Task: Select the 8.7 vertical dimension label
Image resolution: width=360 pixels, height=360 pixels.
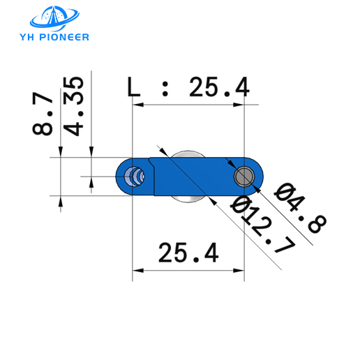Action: (43, 116)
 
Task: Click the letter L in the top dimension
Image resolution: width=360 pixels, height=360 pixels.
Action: (134, 87)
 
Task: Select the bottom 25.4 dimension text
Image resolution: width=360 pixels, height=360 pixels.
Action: (189, 252)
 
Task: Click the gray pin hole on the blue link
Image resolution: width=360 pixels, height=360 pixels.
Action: (244, 177)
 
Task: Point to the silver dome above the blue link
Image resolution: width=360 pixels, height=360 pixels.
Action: (186, 153)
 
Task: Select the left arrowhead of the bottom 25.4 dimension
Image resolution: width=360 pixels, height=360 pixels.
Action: (137, 270)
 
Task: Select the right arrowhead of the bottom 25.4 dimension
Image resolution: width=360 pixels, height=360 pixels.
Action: (241, 270)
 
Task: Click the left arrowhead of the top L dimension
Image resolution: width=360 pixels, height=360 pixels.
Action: (137, 105)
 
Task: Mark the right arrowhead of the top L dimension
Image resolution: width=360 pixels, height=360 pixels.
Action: (241, 105)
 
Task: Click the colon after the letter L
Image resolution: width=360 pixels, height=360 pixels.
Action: (166, 89)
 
